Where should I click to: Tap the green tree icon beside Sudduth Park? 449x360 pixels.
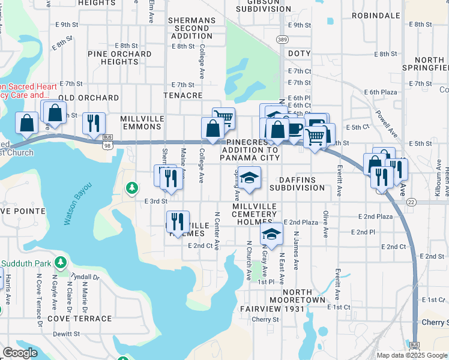pyautogui.click(x=60, y=262)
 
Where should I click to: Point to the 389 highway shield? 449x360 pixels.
pyautogui.click(x=282, y=39)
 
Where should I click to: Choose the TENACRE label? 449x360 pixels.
pyautogui.click(x=182, y=95)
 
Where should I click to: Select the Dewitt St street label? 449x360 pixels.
pyautogui.click(x=67, y=334)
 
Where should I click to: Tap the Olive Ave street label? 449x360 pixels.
pyautogui.click(x=325, y=224)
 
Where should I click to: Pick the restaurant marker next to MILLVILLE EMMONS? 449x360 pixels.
pyautogui.click(x=94, y=123)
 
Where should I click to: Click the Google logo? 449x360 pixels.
pyautogui.click(x=20, y=353)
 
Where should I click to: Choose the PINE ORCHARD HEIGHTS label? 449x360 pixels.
pyautogui.click(x=119, y=58)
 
